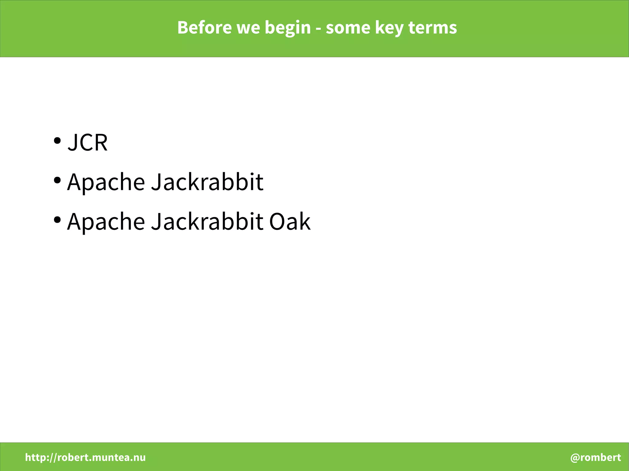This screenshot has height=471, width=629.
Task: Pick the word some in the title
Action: [x=348, y=28]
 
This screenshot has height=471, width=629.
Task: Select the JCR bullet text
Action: [x=88, y=142]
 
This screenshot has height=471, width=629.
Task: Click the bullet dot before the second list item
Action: [x=57, y=180]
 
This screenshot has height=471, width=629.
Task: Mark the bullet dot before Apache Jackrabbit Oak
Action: [x=57, y=220]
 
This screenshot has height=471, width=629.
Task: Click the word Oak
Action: [x=290, y=221]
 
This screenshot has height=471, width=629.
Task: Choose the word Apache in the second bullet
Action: [x=106, y=182]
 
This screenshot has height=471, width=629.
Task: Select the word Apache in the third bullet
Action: [x=106, y=222]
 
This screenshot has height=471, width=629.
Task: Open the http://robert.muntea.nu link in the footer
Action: [x=85, y=457]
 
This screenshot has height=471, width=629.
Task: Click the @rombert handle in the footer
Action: [x=596, y=457]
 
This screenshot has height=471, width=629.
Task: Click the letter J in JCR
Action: [x=73, y=142]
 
